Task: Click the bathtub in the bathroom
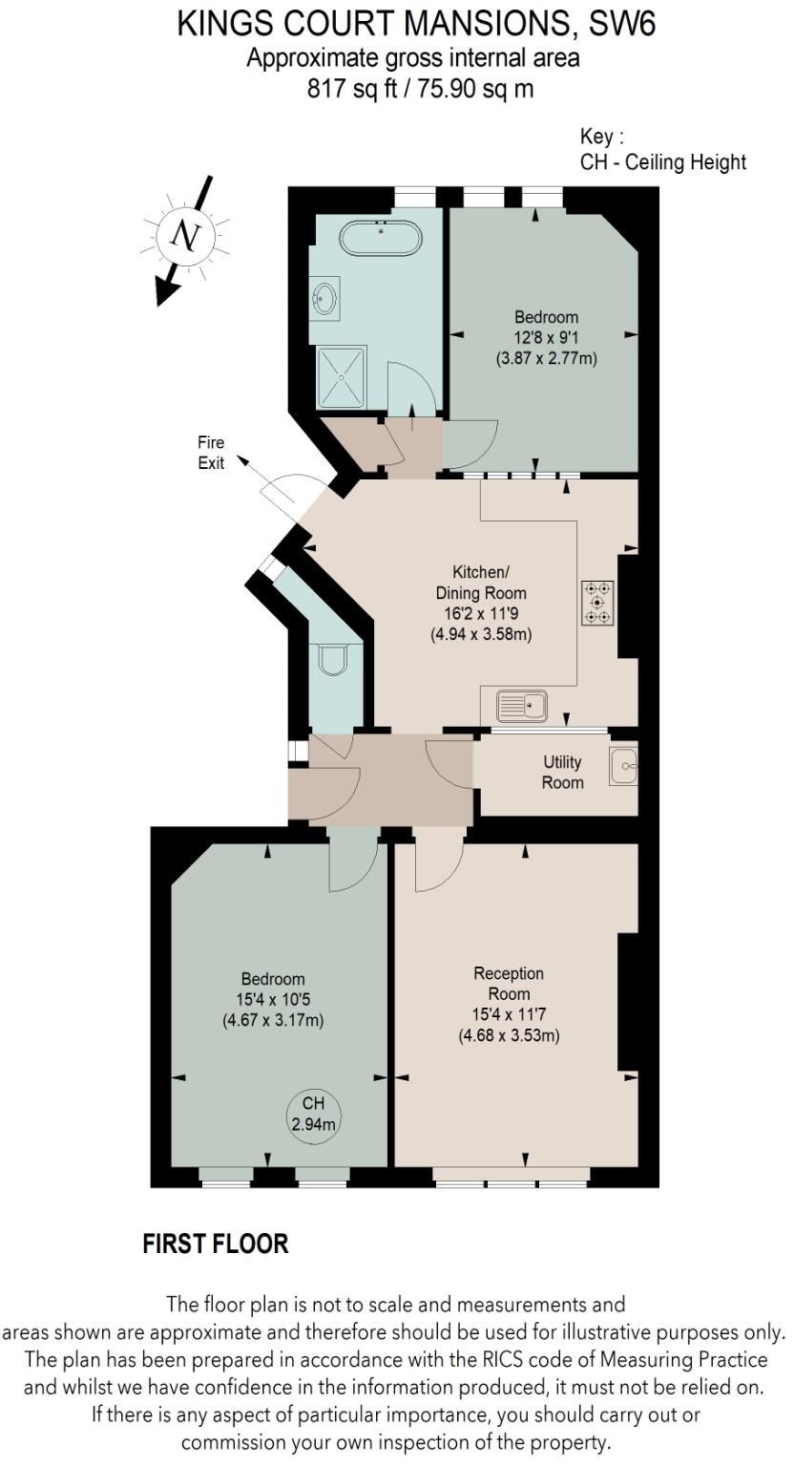[x=380, y=238]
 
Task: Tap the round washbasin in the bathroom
[x=326, y=296]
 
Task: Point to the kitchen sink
[x=521, y=707]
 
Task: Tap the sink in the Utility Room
[x=623, y=766]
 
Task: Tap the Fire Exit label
[x=210, y=453]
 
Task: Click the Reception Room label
[x=509, y=984]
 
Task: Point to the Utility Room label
[x=562, y=773]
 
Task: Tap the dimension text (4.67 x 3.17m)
[x=273, y=1020]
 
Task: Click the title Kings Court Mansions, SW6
[x=417, y=25]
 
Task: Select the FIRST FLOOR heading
[x=215, y=1244]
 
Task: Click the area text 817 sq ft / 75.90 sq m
[x=414, y=90]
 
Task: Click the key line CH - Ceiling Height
[x=662, y=162]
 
